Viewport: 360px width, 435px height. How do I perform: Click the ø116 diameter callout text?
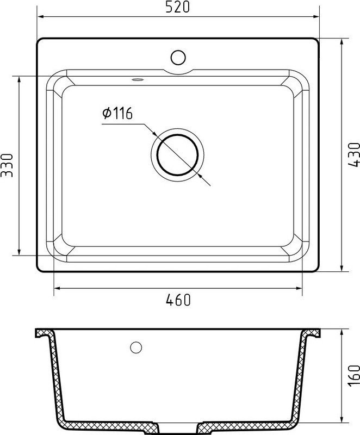pos(117,114)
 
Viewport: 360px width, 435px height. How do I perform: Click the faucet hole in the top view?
pos(178,56)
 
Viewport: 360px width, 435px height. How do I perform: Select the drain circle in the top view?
pos(178,154)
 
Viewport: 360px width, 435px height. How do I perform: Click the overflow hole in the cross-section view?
pos(136,346)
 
